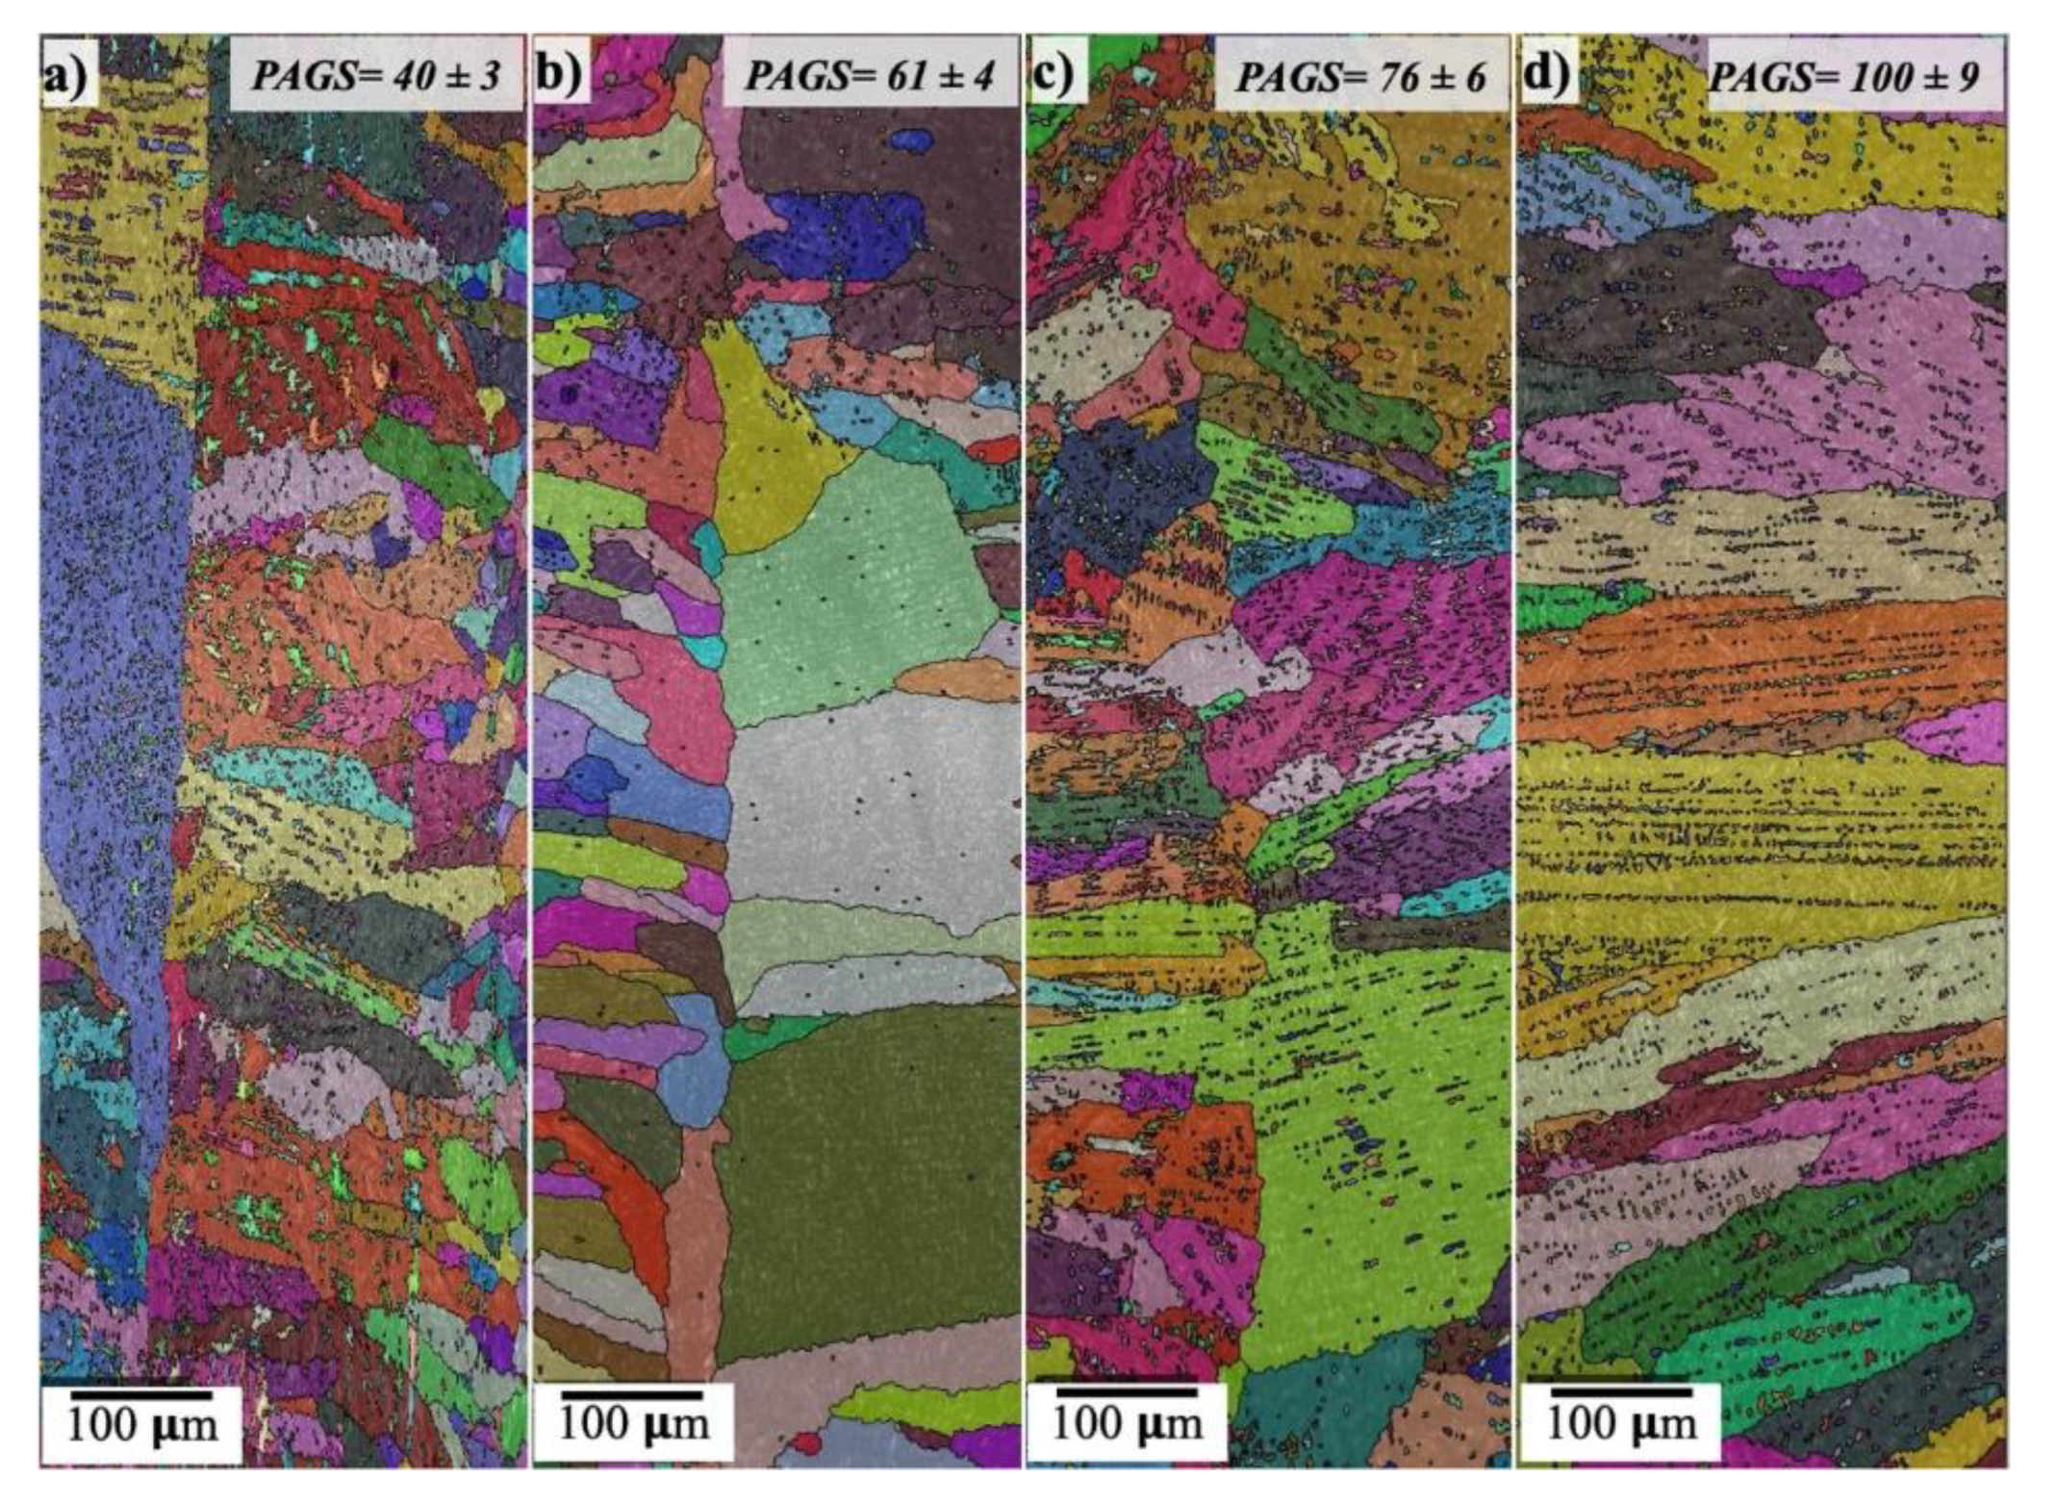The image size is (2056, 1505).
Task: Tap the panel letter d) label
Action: pos(1545,73)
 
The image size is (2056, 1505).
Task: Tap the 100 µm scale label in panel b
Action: pos(634,1423)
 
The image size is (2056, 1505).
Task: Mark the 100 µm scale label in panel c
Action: pos(1128,1424)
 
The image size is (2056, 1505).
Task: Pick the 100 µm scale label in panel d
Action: pos(1622,1423)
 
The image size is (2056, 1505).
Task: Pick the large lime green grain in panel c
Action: pos(1366,1107)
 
